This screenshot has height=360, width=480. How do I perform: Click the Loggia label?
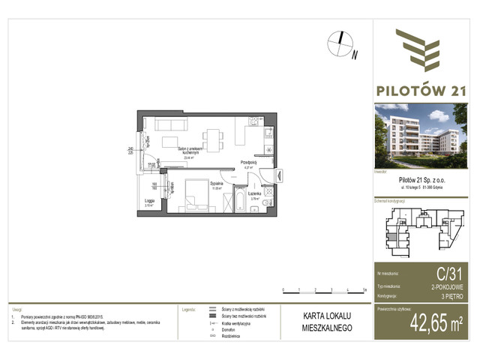tap(150, 201)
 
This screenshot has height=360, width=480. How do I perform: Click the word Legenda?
tap(188, 308)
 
